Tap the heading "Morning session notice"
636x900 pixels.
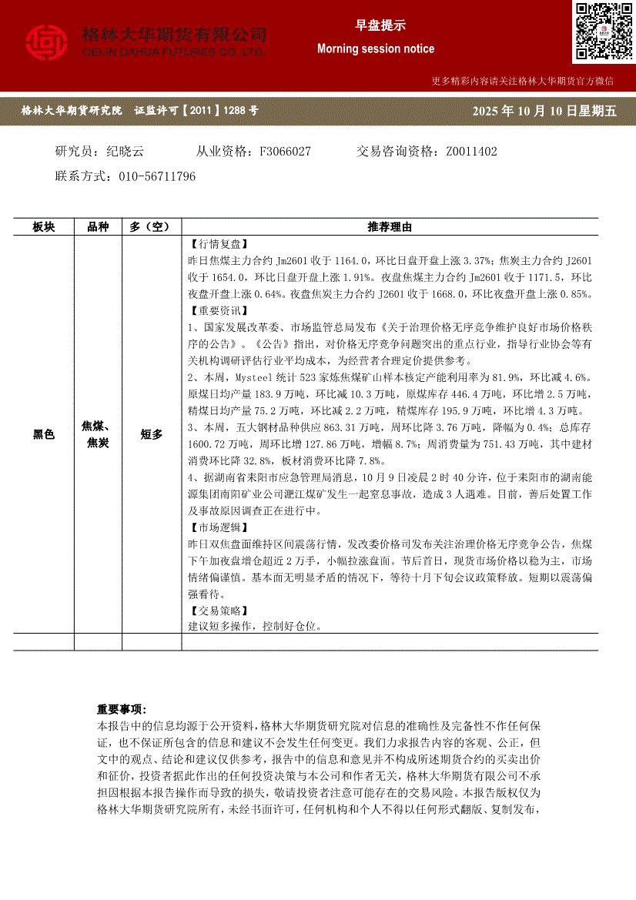(376, 49)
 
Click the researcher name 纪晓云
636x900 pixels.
(126, 152)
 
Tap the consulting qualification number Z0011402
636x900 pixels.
(471, 152)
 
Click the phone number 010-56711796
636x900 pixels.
(157, 176)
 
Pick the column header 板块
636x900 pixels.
(44, 227)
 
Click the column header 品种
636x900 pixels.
(98, 227)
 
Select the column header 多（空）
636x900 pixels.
(151, 227)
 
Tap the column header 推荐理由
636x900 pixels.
(390, 227)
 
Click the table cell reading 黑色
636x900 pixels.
(44, 435)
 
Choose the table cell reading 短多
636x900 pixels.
(151, 435)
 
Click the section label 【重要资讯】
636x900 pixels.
(219, 311)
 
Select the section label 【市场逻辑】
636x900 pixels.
(219, 527)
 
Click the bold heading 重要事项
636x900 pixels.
(121, 709)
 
